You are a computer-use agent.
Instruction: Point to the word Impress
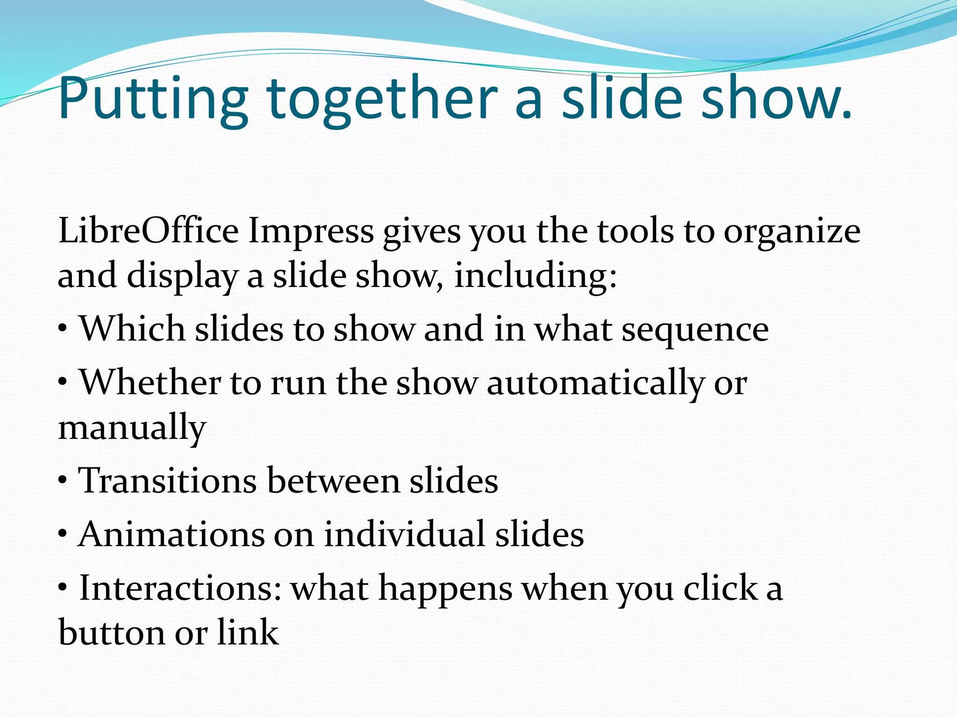coord(311,232)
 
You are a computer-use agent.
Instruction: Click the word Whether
coord(150,382)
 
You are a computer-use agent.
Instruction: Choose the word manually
coord(132,428)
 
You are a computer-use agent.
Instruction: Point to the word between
coord(333,481)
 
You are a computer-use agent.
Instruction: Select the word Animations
coord(171,534)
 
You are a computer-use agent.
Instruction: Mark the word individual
coord(405,534)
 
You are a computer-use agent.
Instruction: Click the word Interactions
coord(180,588)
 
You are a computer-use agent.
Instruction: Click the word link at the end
coord(248,632)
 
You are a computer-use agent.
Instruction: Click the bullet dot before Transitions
coord(63,481)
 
